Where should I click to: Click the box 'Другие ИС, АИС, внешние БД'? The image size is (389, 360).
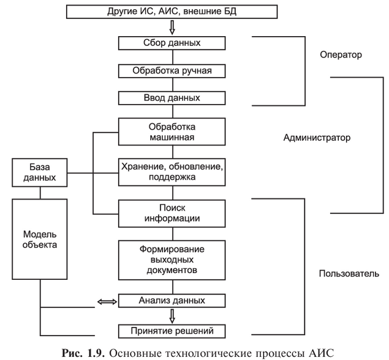point(172,12)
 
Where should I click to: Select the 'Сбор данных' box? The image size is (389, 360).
point(172,43)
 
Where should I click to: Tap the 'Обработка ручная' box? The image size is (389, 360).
point(172,71)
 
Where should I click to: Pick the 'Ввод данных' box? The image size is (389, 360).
point(172,98)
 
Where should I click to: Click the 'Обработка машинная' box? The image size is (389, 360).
point(172,132)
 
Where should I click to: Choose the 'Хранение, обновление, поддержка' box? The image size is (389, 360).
point(172,172)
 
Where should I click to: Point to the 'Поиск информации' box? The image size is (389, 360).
point(172,214)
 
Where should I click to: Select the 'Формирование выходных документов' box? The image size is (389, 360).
point(172,260)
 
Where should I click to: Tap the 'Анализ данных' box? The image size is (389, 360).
point(172,301)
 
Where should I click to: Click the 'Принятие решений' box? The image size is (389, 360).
point(172,331)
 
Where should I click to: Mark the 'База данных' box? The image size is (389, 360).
point(39,173)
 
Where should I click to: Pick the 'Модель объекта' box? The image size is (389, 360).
point(39,239)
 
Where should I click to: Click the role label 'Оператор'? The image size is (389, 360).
point(341,54)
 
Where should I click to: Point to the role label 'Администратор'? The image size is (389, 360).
point(317,137)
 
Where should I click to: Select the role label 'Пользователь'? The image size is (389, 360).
point(349,274)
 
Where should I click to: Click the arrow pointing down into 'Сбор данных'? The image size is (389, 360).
point(172,28)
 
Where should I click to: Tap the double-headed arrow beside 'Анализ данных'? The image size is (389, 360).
point(107,302)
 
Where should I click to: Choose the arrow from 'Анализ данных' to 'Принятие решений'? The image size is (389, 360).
point(172,316)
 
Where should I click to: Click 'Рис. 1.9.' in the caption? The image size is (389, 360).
point(83,353)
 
